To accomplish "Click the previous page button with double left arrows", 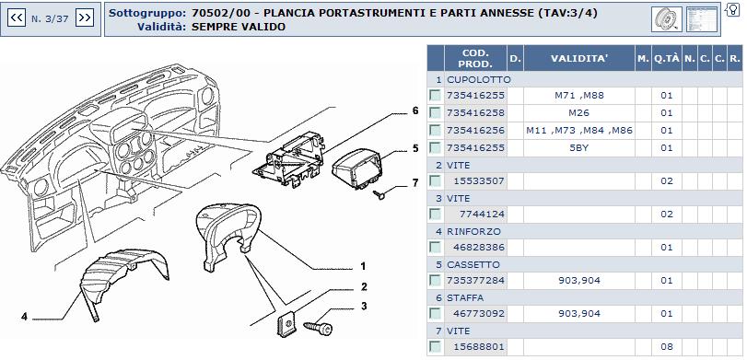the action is pos(17,18).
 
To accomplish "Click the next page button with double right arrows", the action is pos(85,18).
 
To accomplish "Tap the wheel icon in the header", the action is pos(667,19).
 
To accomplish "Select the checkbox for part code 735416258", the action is pos(435,113).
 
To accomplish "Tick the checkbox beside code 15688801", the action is pos(435,346).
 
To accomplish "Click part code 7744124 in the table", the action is pos(482,215).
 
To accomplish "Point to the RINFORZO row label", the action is pos(467,231).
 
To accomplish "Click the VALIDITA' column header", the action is pos(579,59).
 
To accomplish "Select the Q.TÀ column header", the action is pos(667,59).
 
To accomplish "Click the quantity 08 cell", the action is pos(667,347).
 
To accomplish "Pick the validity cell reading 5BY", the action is pos(578,148).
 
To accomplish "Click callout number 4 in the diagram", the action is pos(24,316).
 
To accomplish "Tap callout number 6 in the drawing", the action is pos(414,111).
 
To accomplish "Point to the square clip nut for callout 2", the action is pos(286,325).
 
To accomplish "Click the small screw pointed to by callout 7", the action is pos(379,193).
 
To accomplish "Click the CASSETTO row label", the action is pos(467,265).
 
